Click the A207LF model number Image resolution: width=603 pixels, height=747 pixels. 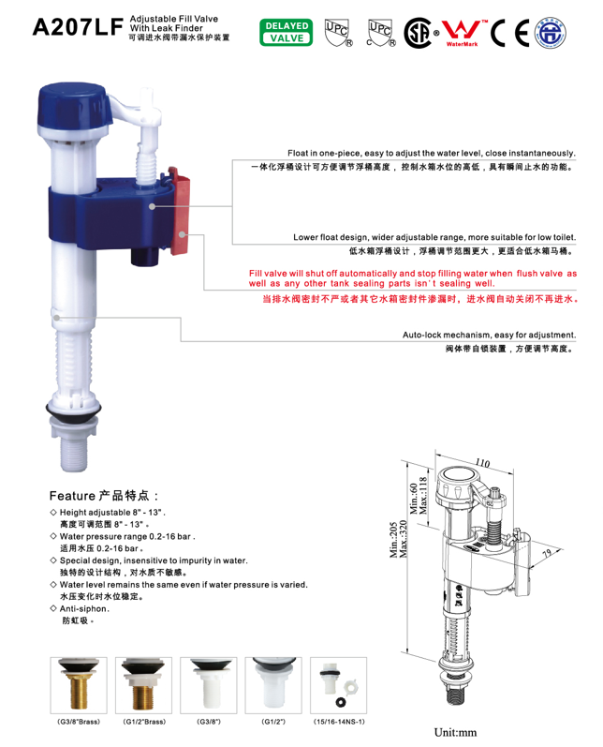[x=78, y=27]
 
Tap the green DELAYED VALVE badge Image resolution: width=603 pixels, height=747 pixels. [x=286, y=33]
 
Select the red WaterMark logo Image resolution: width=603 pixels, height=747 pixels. [x=463, y=33]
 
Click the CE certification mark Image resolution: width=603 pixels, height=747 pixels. [x=509, y=33]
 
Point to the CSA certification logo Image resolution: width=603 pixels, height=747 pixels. [x=419, y=33]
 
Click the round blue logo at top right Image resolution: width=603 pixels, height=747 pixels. [x=551, y=33]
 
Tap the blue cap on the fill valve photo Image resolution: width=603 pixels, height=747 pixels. [x=74, y=106]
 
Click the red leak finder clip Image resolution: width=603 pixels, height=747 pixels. [x=180, y=211]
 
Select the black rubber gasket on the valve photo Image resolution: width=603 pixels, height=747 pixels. [x=73, y=410]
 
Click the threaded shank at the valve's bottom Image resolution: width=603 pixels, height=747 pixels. [x=74, y=454]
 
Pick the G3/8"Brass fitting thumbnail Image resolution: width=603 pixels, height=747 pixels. [x=79, y=685]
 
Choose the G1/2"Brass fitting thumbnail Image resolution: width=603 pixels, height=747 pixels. [x=144, y=685]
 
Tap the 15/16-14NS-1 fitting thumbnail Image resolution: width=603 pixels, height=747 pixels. [x=338, y=685]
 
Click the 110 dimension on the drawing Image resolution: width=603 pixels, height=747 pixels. [x=482, y=463]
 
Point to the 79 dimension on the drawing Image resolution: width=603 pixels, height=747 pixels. [x=548, y=553]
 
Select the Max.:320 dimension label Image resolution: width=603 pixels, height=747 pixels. [x=404, y=539]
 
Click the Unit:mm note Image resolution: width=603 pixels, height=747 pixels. [x=455, y=732]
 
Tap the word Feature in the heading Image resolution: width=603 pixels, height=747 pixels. [x=72, y=496]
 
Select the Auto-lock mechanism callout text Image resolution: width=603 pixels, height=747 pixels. [x=490, y=335]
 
